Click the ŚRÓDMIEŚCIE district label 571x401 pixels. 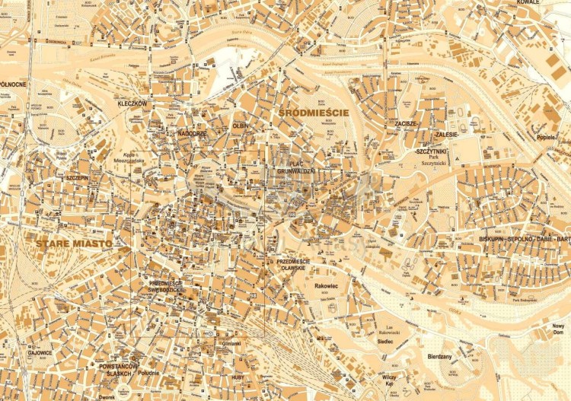(x=314, y=113)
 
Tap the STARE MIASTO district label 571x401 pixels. (x=73, y=243)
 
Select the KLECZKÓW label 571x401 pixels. (x=131, y=103)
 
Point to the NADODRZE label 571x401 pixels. (x=172, y=132)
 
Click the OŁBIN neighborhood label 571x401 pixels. (x=241, y=124)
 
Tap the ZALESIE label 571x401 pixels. (x=445, y=134)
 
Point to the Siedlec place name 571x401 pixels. (x=385, y=342)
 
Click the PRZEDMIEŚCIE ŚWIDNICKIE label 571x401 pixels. (x=167, y=287)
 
